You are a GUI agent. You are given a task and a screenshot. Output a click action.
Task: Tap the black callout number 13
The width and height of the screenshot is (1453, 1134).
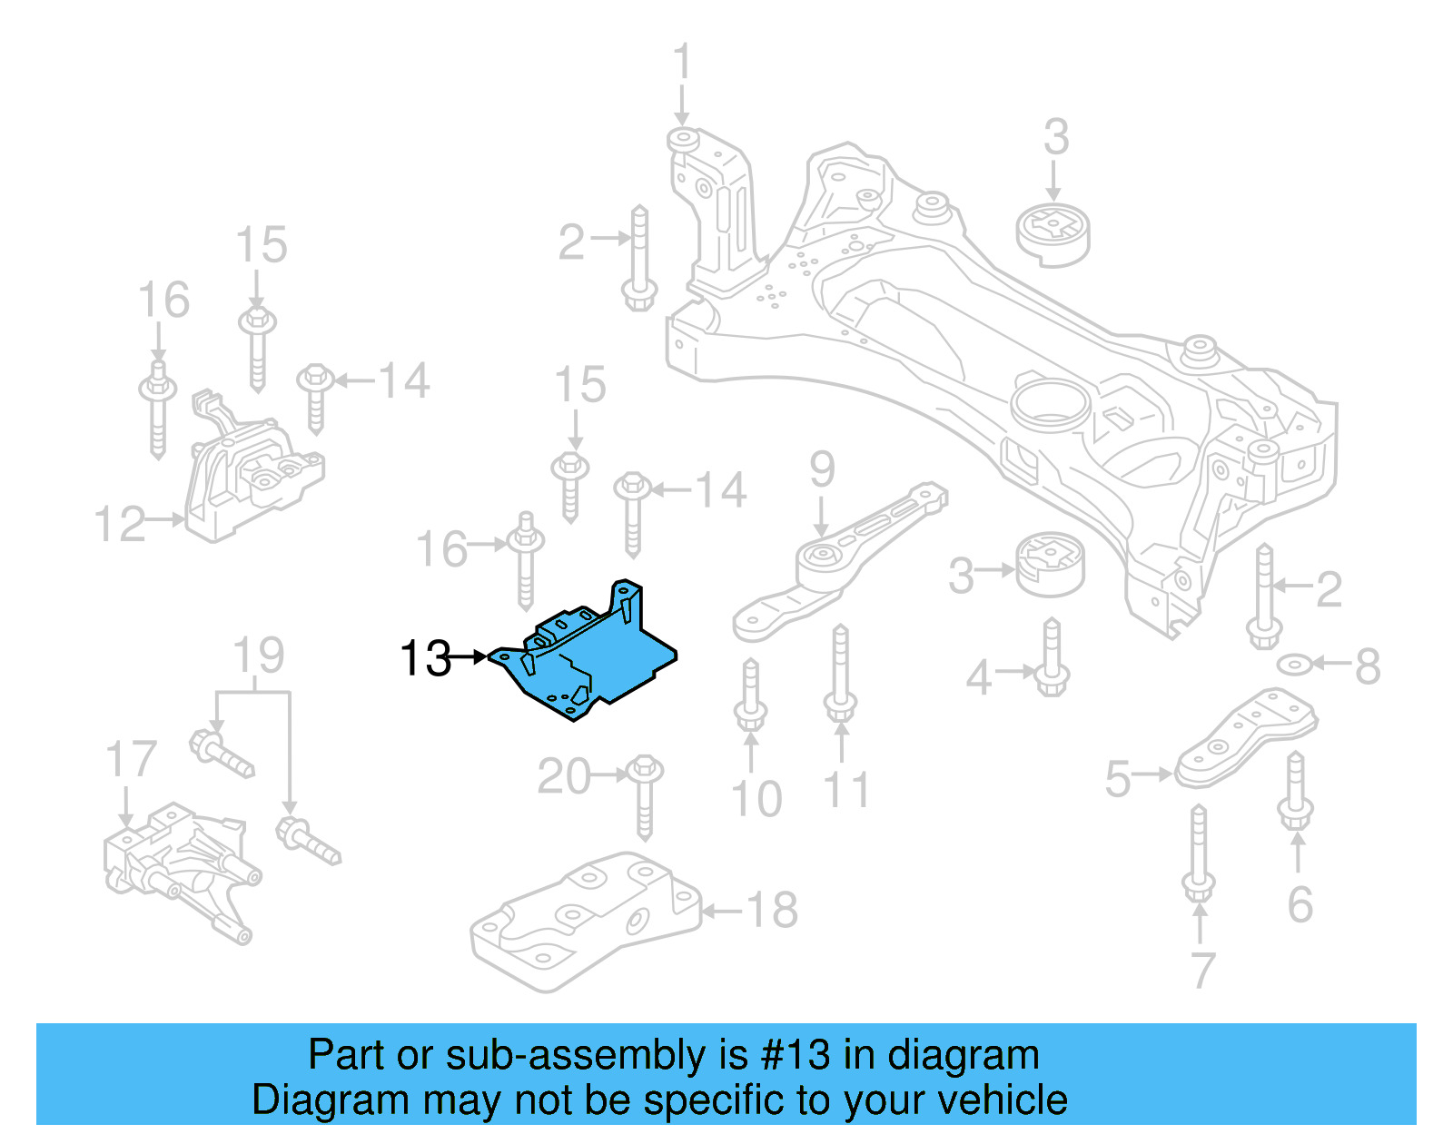425,658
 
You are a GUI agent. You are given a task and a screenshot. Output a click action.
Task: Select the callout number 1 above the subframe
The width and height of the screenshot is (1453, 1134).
682,64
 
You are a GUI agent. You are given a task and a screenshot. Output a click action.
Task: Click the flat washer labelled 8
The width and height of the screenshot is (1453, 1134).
1293,665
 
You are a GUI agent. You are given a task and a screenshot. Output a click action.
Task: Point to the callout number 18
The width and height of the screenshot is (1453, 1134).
772,910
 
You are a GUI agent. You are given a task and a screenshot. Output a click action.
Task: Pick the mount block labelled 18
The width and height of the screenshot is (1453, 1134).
586,917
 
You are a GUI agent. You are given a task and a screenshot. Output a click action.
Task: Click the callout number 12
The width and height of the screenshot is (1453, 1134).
120,525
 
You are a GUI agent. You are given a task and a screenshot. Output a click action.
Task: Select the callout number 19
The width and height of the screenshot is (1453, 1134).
259,656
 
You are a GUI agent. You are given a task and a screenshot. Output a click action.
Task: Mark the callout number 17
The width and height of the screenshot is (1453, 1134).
131,759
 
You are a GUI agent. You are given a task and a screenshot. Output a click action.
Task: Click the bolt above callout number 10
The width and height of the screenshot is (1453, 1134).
750,695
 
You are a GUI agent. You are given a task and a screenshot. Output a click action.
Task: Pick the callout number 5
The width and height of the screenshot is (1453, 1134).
1118,779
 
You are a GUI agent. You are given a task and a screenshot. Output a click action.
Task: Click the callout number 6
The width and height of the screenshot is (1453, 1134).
1300,904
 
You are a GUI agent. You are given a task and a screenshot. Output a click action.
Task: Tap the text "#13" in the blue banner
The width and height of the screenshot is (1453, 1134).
796,1055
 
